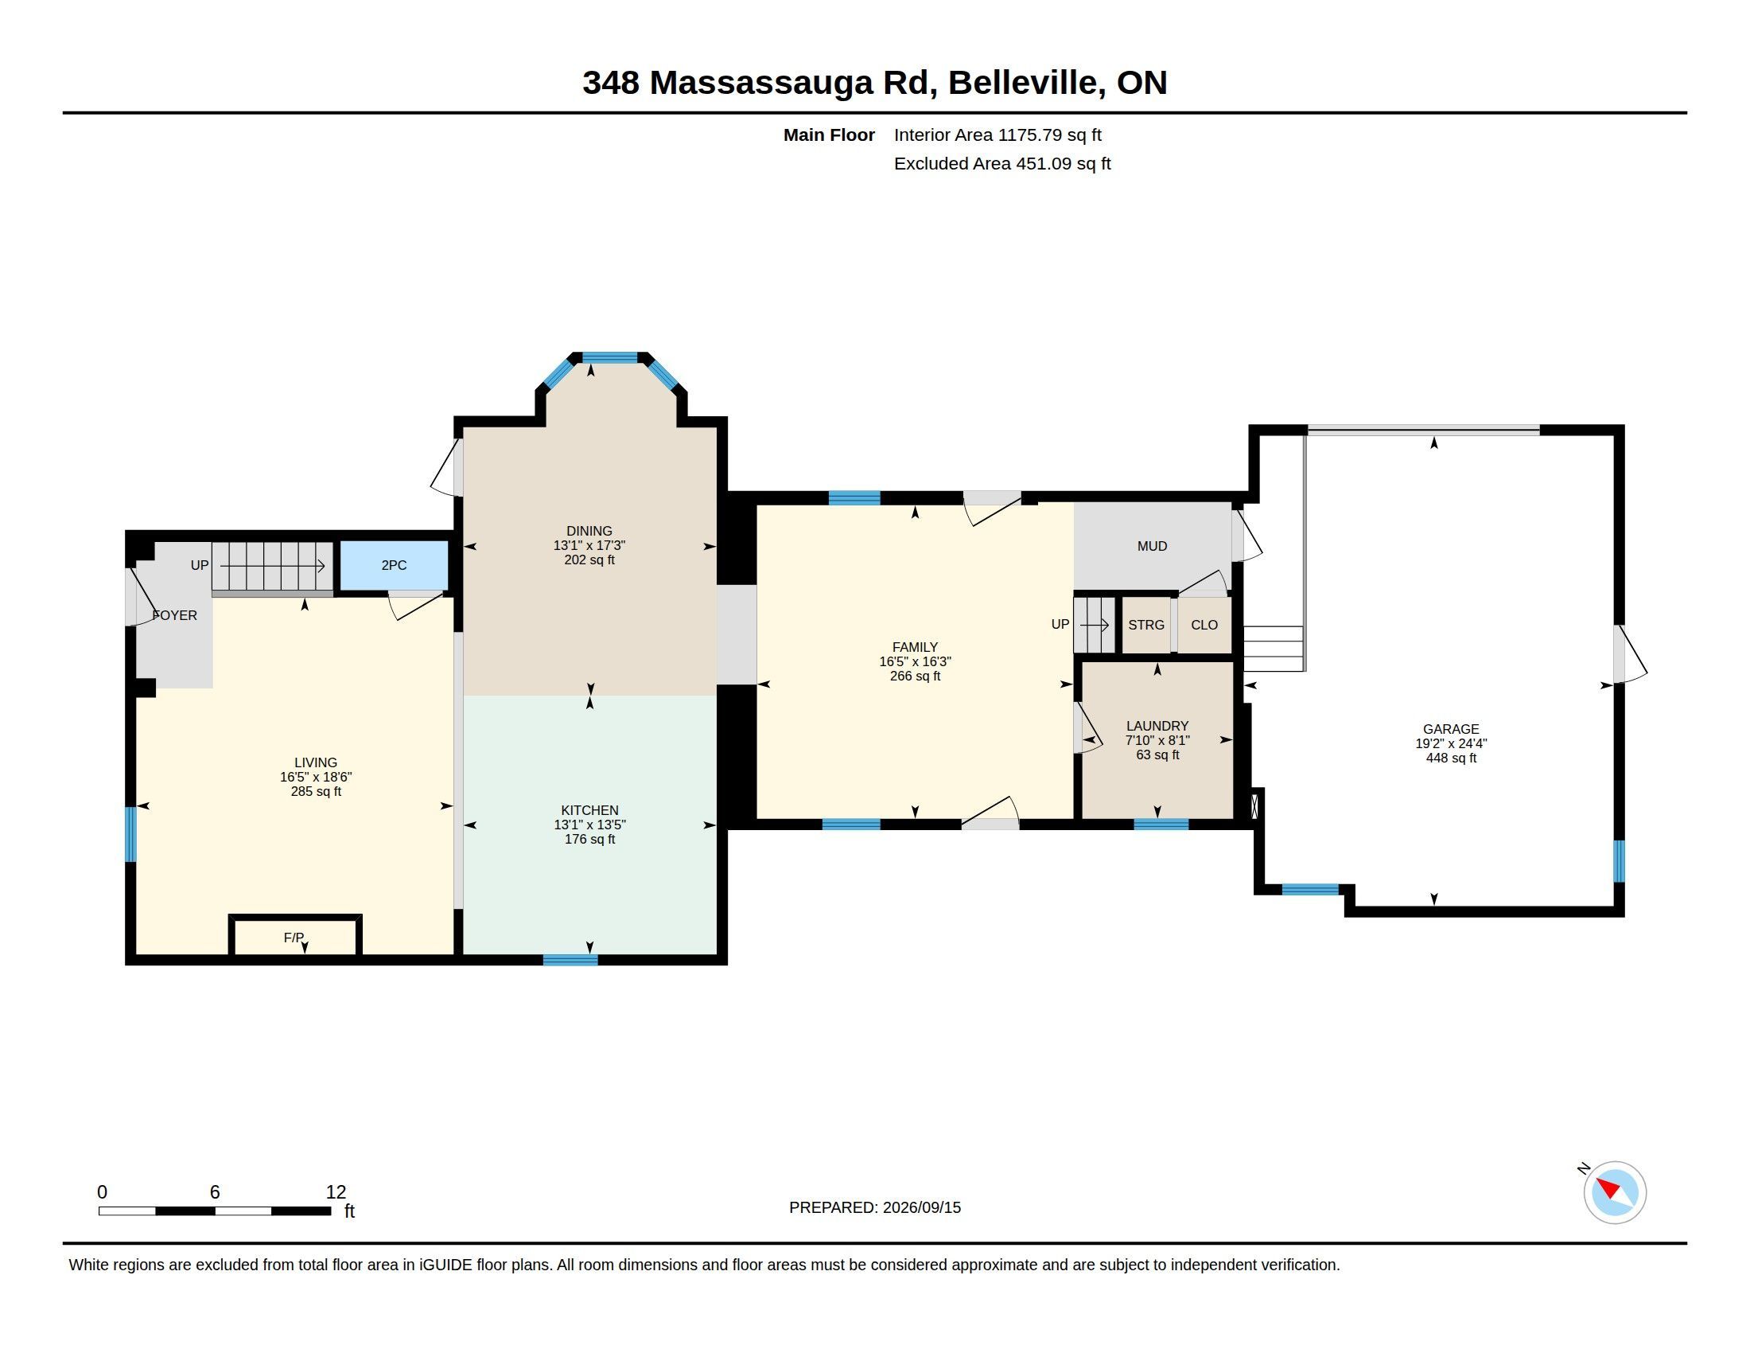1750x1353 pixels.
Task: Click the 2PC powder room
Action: [x=395, y=565]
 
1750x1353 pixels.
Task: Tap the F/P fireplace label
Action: [x=294, y=937]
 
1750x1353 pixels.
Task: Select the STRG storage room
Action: [x=1145, y=626]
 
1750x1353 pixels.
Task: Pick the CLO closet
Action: [x=1204, y=626]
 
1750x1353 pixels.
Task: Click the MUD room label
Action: [x=1153, y=546]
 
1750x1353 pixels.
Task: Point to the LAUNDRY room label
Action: [x=1157, y=725]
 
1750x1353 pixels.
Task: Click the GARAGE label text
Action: [x=1451, y=728]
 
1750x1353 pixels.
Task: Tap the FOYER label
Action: [x=175, y=615]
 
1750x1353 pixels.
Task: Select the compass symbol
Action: [x=1614, y=1192]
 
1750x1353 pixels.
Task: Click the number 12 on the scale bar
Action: [x=336, y=1192]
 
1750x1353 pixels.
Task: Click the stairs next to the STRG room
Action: [x=1095, y=625]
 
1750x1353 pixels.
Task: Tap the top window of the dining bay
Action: [x=609, y=357]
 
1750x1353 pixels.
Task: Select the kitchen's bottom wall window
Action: [x=570, y=960]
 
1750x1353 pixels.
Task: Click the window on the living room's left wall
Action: [x=130, y=833]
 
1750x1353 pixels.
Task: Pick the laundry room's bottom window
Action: [x=1161, y=823]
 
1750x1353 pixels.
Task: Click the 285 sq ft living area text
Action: [x=316, y=792]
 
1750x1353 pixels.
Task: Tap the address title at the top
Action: [x=875, y=83]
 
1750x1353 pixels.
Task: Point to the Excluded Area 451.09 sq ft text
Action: [x=1002, y=163]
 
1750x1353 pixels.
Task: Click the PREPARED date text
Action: [x=875, y=1207]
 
